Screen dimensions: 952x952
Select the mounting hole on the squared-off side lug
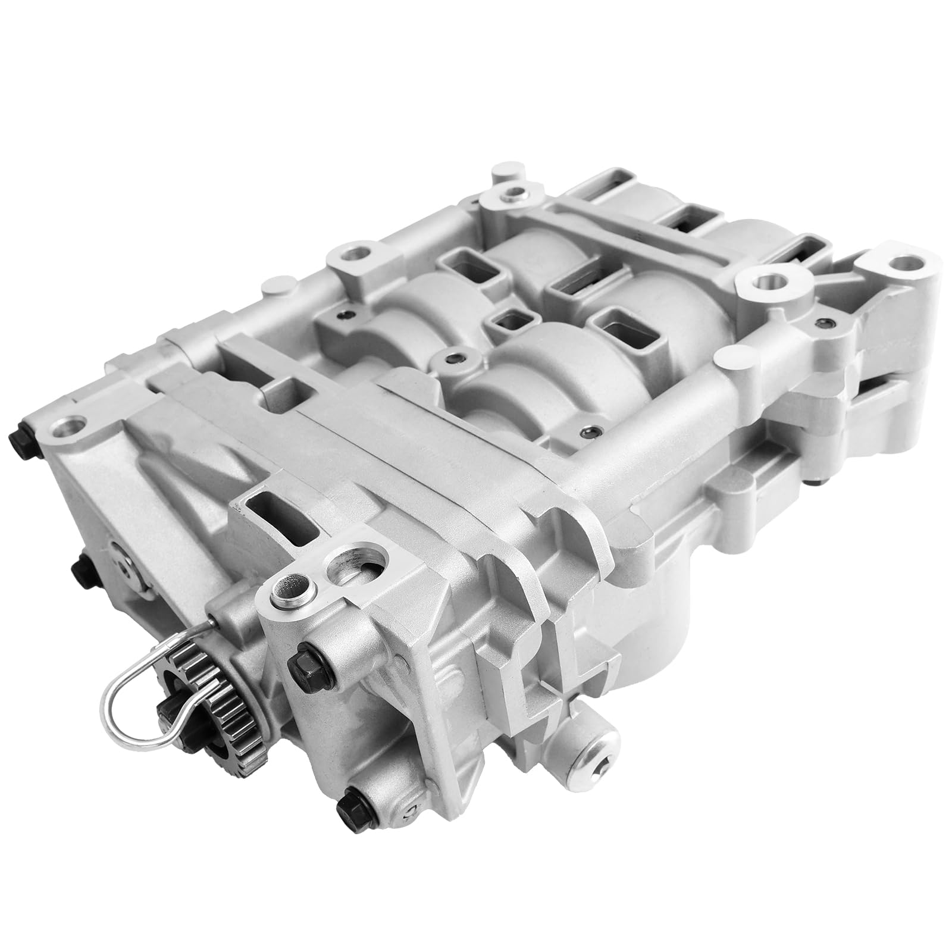click(353, 256)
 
